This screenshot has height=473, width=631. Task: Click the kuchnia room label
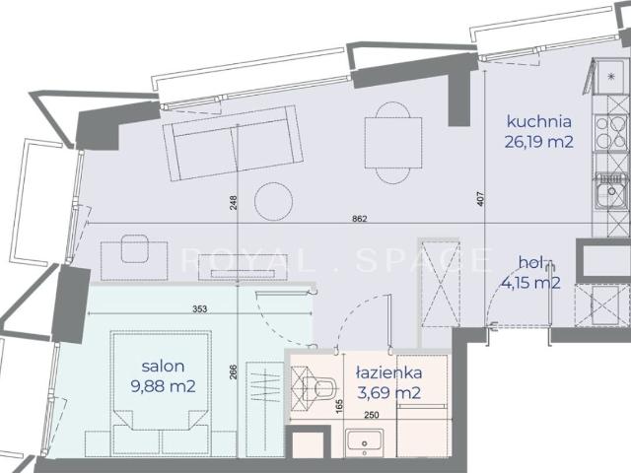pos(539,121)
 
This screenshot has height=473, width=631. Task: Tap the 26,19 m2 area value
pos(539,142)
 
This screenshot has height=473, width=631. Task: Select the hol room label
pos(531,262)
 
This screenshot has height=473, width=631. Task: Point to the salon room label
pos(163,366)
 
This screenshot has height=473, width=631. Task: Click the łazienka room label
pos(389,372)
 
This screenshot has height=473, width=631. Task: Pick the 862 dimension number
pos(359,219)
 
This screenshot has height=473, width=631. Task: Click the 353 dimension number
pos(199,308)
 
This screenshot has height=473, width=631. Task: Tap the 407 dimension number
pos(481,199)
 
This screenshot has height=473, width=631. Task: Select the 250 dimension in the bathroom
pos(372,415)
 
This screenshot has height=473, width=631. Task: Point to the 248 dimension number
pos(235,202)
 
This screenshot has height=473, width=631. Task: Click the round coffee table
pos(274,201)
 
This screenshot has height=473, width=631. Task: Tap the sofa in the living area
pos(233,143)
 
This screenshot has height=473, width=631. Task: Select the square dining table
pos(393,143)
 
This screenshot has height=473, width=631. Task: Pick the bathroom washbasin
pos(364,442)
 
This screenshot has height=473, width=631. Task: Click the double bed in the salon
pos(162,393)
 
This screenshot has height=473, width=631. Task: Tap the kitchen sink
pos(611,190)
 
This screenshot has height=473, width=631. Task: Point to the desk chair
pos(135,248)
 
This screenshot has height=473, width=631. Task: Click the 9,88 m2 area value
pos(163,386)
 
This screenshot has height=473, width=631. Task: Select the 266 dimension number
pos(235,372)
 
